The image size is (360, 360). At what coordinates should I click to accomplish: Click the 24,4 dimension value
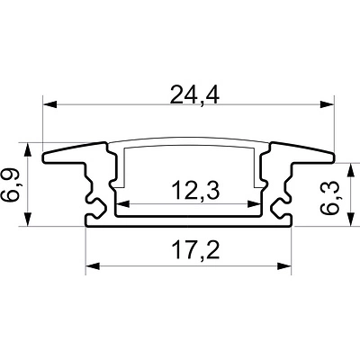tap(194, 94)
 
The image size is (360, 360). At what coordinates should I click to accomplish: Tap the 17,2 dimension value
tap(195, 251)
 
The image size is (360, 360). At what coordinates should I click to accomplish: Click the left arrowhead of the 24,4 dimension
tap(50, 104)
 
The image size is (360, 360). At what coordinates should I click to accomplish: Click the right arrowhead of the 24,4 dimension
tap(327, 104)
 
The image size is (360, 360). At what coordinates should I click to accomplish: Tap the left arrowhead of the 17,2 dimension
tap(93, 266)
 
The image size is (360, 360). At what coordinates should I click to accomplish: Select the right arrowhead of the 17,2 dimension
tap(284, 266)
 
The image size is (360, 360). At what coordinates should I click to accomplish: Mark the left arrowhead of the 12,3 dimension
tap(122, 204)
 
